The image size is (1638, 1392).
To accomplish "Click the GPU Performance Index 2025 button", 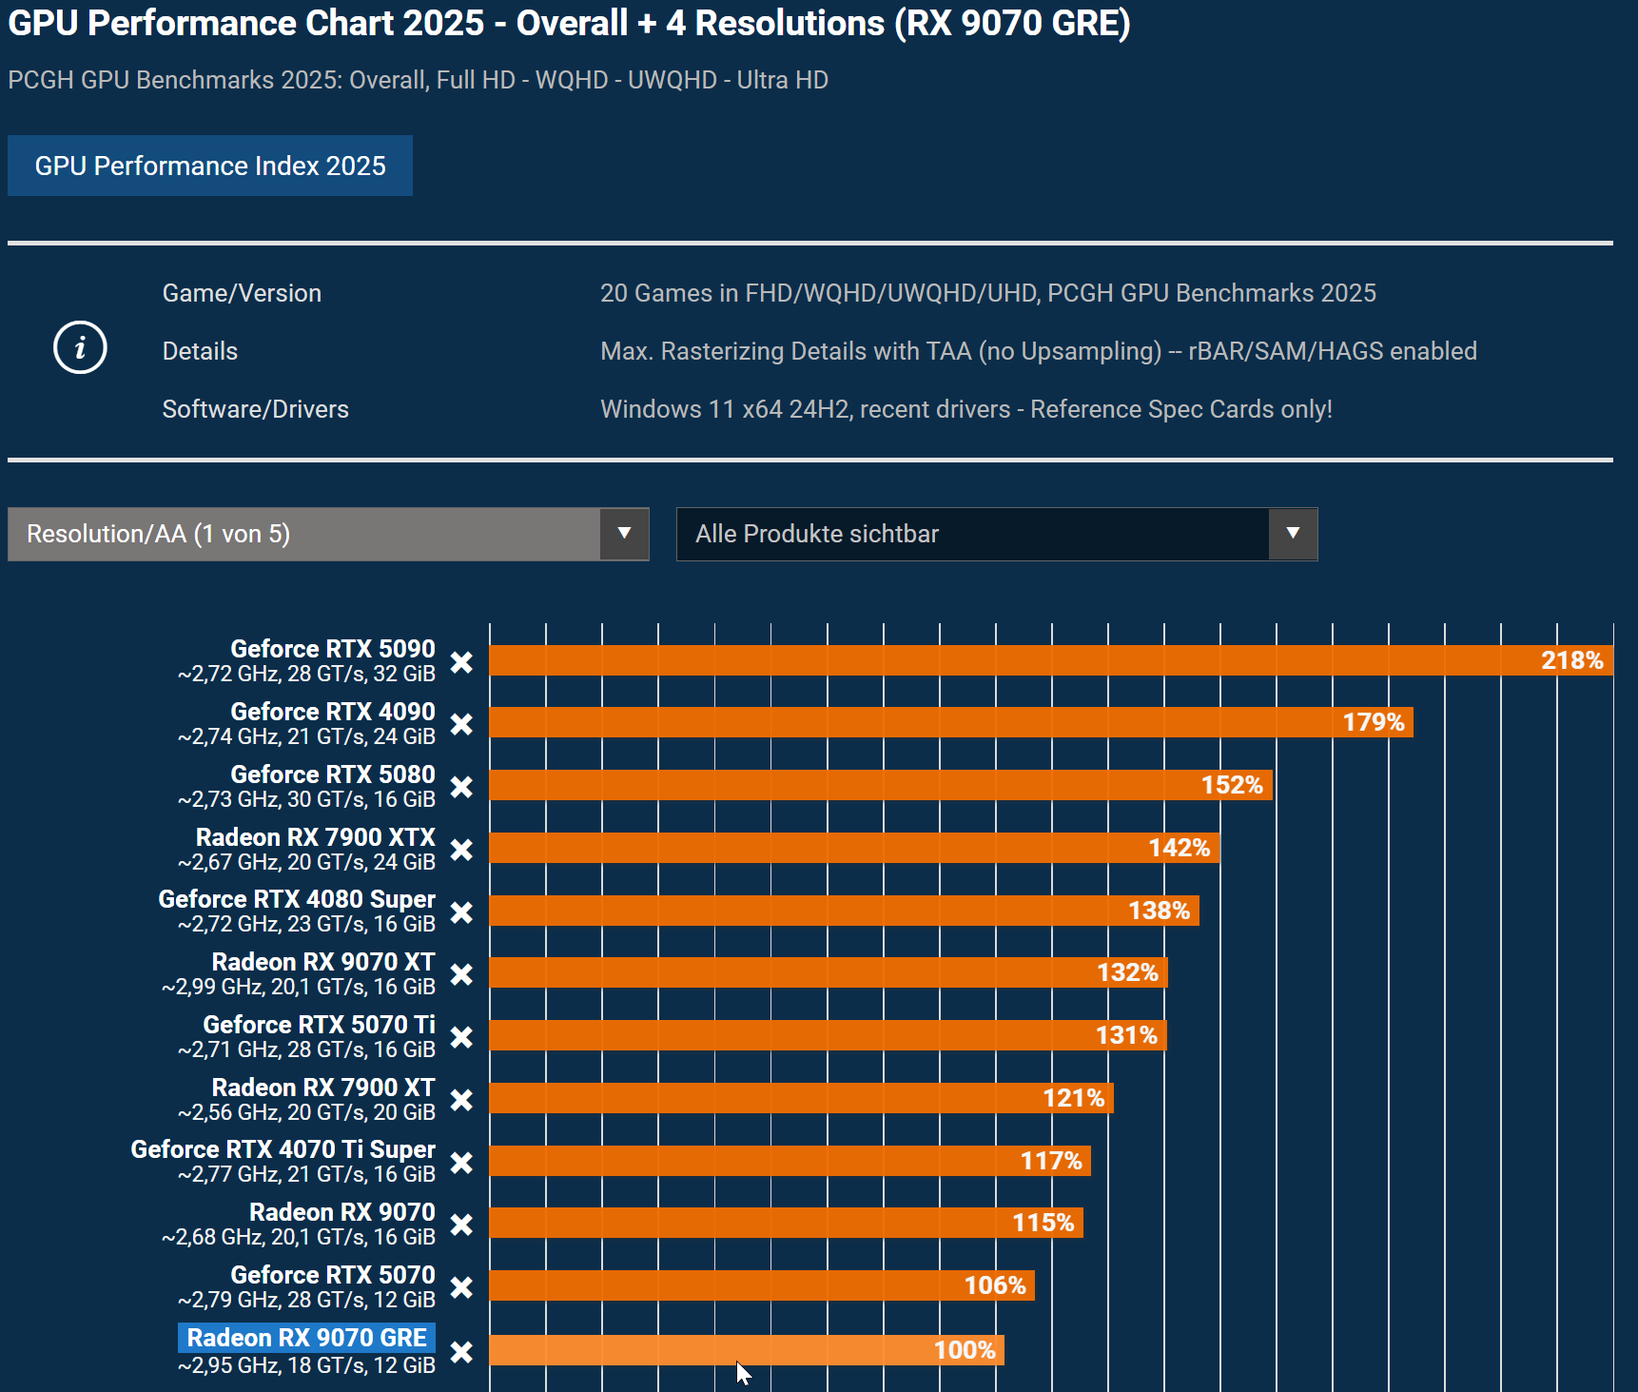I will (x=210, y=166).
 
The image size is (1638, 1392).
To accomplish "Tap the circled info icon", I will (x=80, y=347).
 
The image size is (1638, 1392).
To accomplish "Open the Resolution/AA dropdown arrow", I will (x=624, y=534).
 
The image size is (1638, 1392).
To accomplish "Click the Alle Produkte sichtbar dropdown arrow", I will (x=1293, y=534).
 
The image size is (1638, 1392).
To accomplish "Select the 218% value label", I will (x=1571, y=660).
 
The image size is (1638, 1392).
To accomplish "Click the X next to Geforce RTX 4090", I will (x=461, y=724).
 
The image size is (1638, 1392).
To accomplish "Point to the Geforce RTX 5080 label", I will (x=332, y=774).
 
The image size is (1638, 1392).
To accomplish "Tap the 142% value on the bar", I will (x=1179, y=848).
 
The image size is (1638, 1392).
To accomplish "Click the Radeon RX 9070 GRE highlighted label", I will (x=306, y=1338).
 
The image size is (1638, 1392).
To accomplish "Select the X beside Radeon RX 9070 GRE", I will (x=461, y=1352).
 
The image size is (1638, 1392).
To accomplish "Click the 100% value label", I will (x=965, y=1350).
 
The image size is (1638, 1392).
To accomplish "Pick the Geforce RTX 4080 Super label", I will (x=297, y=899).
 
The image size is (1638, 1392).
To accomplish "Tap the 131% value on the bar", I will (x=1126, y=1035).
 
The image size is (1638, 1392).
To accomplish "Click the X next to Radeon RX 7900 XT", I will (x=461, y=1100).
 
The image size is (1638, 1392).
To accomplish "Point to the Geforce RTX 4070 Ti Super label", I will (x=283, y=1149).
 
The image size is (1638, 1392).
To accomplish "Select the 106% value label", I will (x=995, y=1285).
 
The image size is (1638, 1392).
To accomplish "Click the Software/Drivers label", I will (x=255, y=409).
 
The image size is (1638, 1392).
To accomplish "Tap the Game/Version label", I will (x=242, y=293).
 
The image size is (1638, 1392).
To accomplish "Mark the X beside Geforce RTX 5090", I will (x=461, y=662).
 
